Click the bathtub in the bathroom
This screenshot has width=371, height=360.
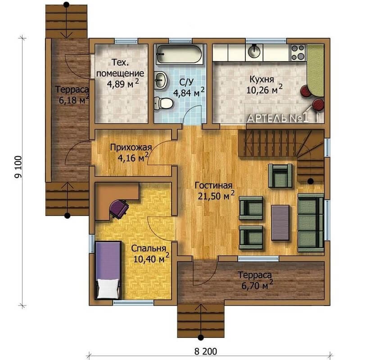(179, 54)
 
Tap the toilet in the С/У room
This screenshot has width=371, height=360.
(164, 103)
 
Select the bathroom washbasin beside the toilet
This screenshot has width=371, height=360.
(161, 80)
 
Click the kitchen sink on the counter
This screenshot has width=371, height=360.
(254, 52)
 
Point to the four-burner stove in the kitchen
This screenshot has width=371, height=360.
(298, 53)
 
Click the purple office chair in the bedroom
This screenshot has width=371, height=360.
(119, 209)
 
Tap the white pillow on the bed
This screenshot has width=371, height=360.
(108, 288)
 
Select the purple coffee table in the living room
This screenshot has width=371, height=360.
(280, 223)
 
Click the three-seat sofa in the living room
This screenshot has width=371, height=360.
(311, 223)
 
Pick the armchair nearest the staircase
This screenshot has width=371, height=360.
(280, 176)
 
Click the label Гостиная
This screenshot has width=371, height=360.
(213, 185)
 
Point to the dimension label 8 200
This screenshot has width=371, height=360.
(206, 351)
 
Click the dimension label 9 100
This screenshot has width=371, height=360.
(18, 166)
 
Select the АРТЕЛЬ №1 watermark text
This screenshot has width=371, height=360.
(278, 118)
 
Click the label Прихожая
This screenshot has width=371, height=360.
(131, 148)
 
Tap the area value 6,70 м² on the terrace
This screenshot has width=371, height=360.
(257, 285)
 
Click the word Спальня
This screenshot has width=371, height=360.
(149, 248)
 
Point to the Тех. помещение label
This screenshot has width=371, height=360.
(120, 68)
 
